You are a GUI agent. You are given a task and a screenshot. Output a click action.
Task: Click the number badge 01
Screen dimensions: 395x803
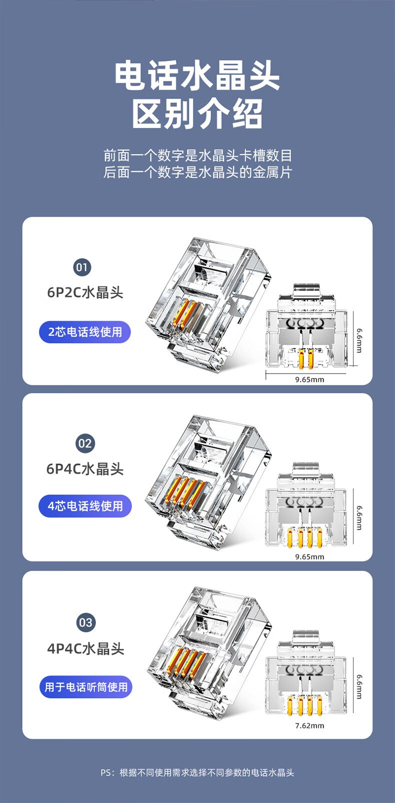[x=82, y=267]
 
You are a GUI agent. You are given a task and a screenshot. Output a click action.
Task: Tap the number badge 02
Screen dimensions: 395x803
[x=85, y=443]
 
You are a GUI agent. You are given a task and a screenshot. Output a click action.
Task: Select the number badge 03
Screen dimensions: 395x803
[x=85, y=622]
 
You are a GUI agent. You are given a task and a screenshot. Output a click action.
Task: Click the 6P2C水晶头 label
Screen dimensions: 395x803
[x=85, y=292]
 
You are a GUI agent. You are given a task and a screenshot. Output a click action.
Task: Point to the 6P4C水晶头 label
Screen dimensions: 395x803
[x=85, y=469]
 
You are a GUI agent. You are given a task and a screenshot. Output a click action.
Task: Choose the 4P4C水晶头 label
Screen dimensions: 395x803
[x=85, y=648]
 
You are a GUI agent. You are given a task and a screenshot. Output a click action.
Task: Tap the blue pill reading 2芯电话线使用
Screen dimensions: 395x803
[x=85, y=332]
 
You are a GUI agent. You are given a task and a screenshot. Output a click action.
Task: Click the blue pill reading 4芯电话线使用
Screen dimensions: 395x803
[x=85, y=506]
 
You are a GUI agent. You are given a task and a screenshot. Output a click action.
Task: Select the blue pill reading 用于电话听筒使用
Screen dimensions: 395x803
[x=86, y=687]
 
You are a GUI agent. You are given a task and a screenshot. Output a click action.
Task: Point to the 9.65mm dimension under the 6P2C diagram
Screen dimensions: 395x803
[x=309, y=379]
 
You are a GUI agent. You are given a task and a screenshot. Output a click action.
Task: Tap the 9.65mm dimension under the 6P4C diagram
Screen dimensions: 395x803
[x=309, y=556]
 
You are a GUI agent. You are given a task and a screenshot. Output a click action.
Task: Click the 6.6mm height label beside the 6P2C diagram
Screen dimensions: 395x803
[x=359, y=340]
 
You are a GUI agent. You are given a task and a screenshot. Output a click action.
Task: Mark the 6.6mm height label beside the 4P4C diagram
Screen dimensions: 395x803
[x=359, y=687]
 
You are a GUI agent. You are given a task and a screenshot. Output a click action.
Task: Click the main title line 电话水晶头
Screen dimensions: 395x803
[x=197, y=75]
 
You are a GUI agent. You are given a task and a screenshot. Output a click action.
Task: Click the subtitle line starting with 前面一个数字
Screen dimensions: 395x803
[x=197, y=155]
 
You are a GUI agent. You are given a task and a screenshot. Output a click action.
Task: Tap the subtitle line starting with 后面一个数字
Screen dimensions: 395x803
[x=197, y=172]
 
